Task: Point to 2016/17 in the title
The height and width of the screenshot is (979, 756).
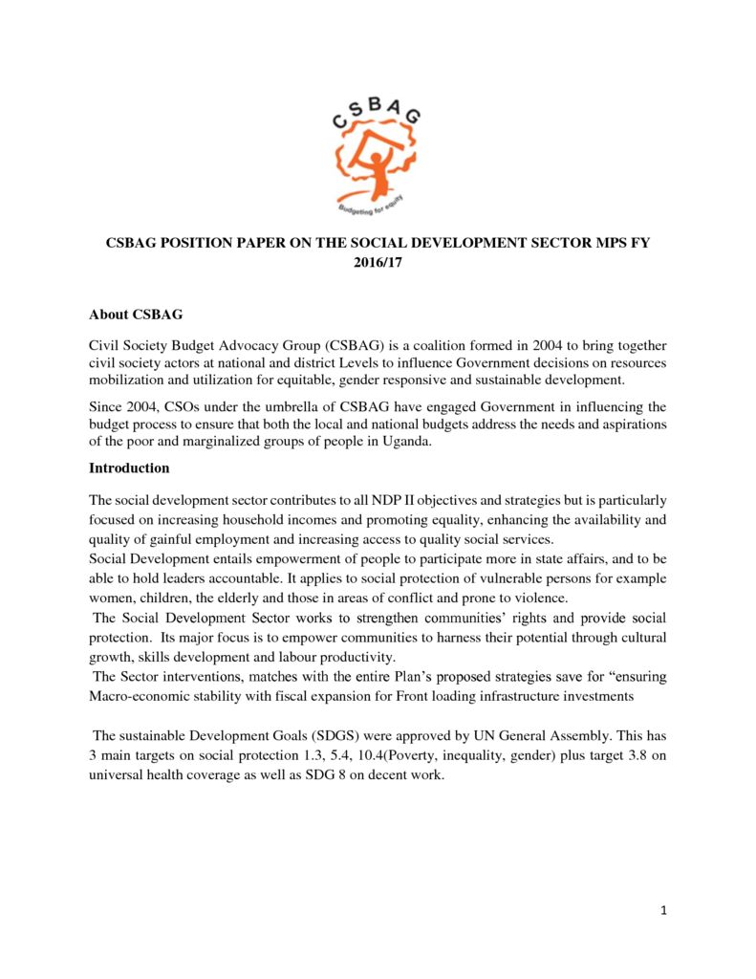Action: point(377,261)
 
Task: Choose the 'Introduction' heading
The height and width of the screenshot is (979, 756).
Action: point(129,468)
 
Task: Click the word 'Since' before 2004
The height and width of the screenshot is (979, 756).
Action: point(106,407)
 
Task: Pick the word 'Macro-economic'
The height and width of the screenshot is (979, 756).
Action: point(137,695)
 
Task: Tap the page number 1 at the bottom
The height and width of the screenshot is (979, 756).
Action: point(663,909)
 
